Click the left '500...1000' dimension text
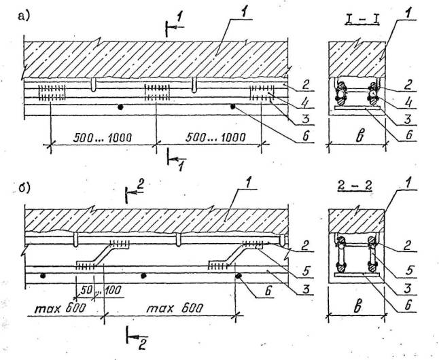coord(101,137)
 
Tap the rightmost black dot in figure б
coord(239,276)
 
